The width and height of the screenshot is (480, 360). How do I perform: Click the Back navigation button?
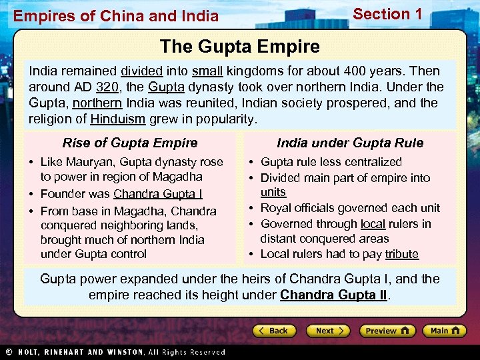click(x=274, y=331)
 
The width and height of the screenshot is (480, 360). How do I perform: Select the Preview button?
click(x=387, y=331)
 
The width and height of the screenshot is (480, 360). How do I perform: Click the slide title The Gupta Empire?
click(x=240, y=47)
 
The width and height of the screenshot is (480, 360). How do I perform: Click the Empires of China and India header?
click(x=116, y=15)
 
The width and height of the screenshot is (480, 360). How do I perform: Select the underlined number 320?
click(x=107, y=87)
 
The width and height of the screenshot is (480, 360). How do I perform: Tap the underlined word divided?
click(x=142, y=71)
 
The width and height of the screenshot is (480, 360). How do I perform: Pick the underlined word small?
click(x=207, y=71)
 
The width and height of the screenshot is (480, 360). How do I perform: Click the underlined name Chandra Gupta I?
click(x=158, y=194)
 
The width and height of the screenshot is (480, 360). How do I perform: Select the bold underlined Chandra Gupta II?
click(x=333, y=294)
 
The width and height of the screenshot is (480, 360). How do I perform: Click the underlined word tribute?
click(x=401, y=254)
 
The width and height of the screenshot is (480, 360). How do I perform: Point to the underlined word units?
click(x=273, y=192)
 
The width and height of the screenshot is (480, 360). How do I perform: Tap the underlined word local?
click(x=373, y=224)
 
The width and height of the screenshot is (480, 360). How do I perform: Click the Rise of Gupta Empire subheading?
click(x=130, y=143)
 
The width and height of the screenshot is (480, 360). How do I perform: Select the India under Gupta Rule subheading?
click(x=350, y=143)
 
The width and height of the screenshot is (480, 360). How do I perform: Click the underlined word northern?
click(x=97, y=103)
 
